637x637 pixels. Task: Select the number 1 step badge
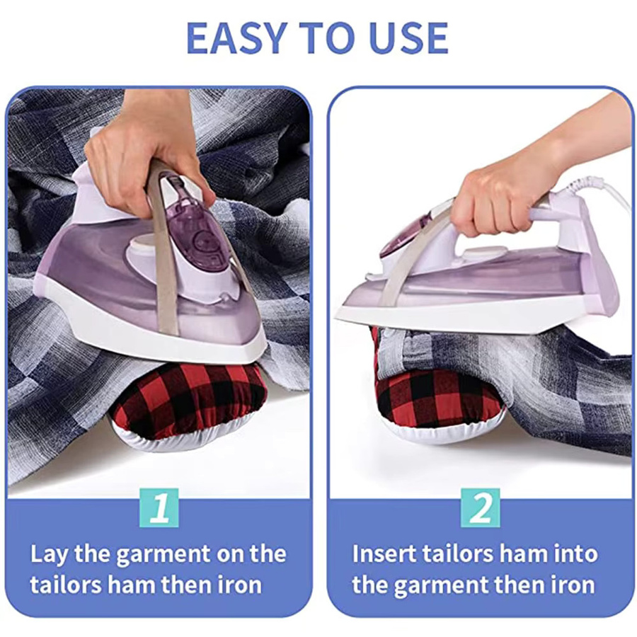pos(159,507)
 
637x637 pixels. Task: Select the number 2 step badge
pos(480,507)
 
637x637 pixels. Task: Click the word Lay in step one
pos(49,554)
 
